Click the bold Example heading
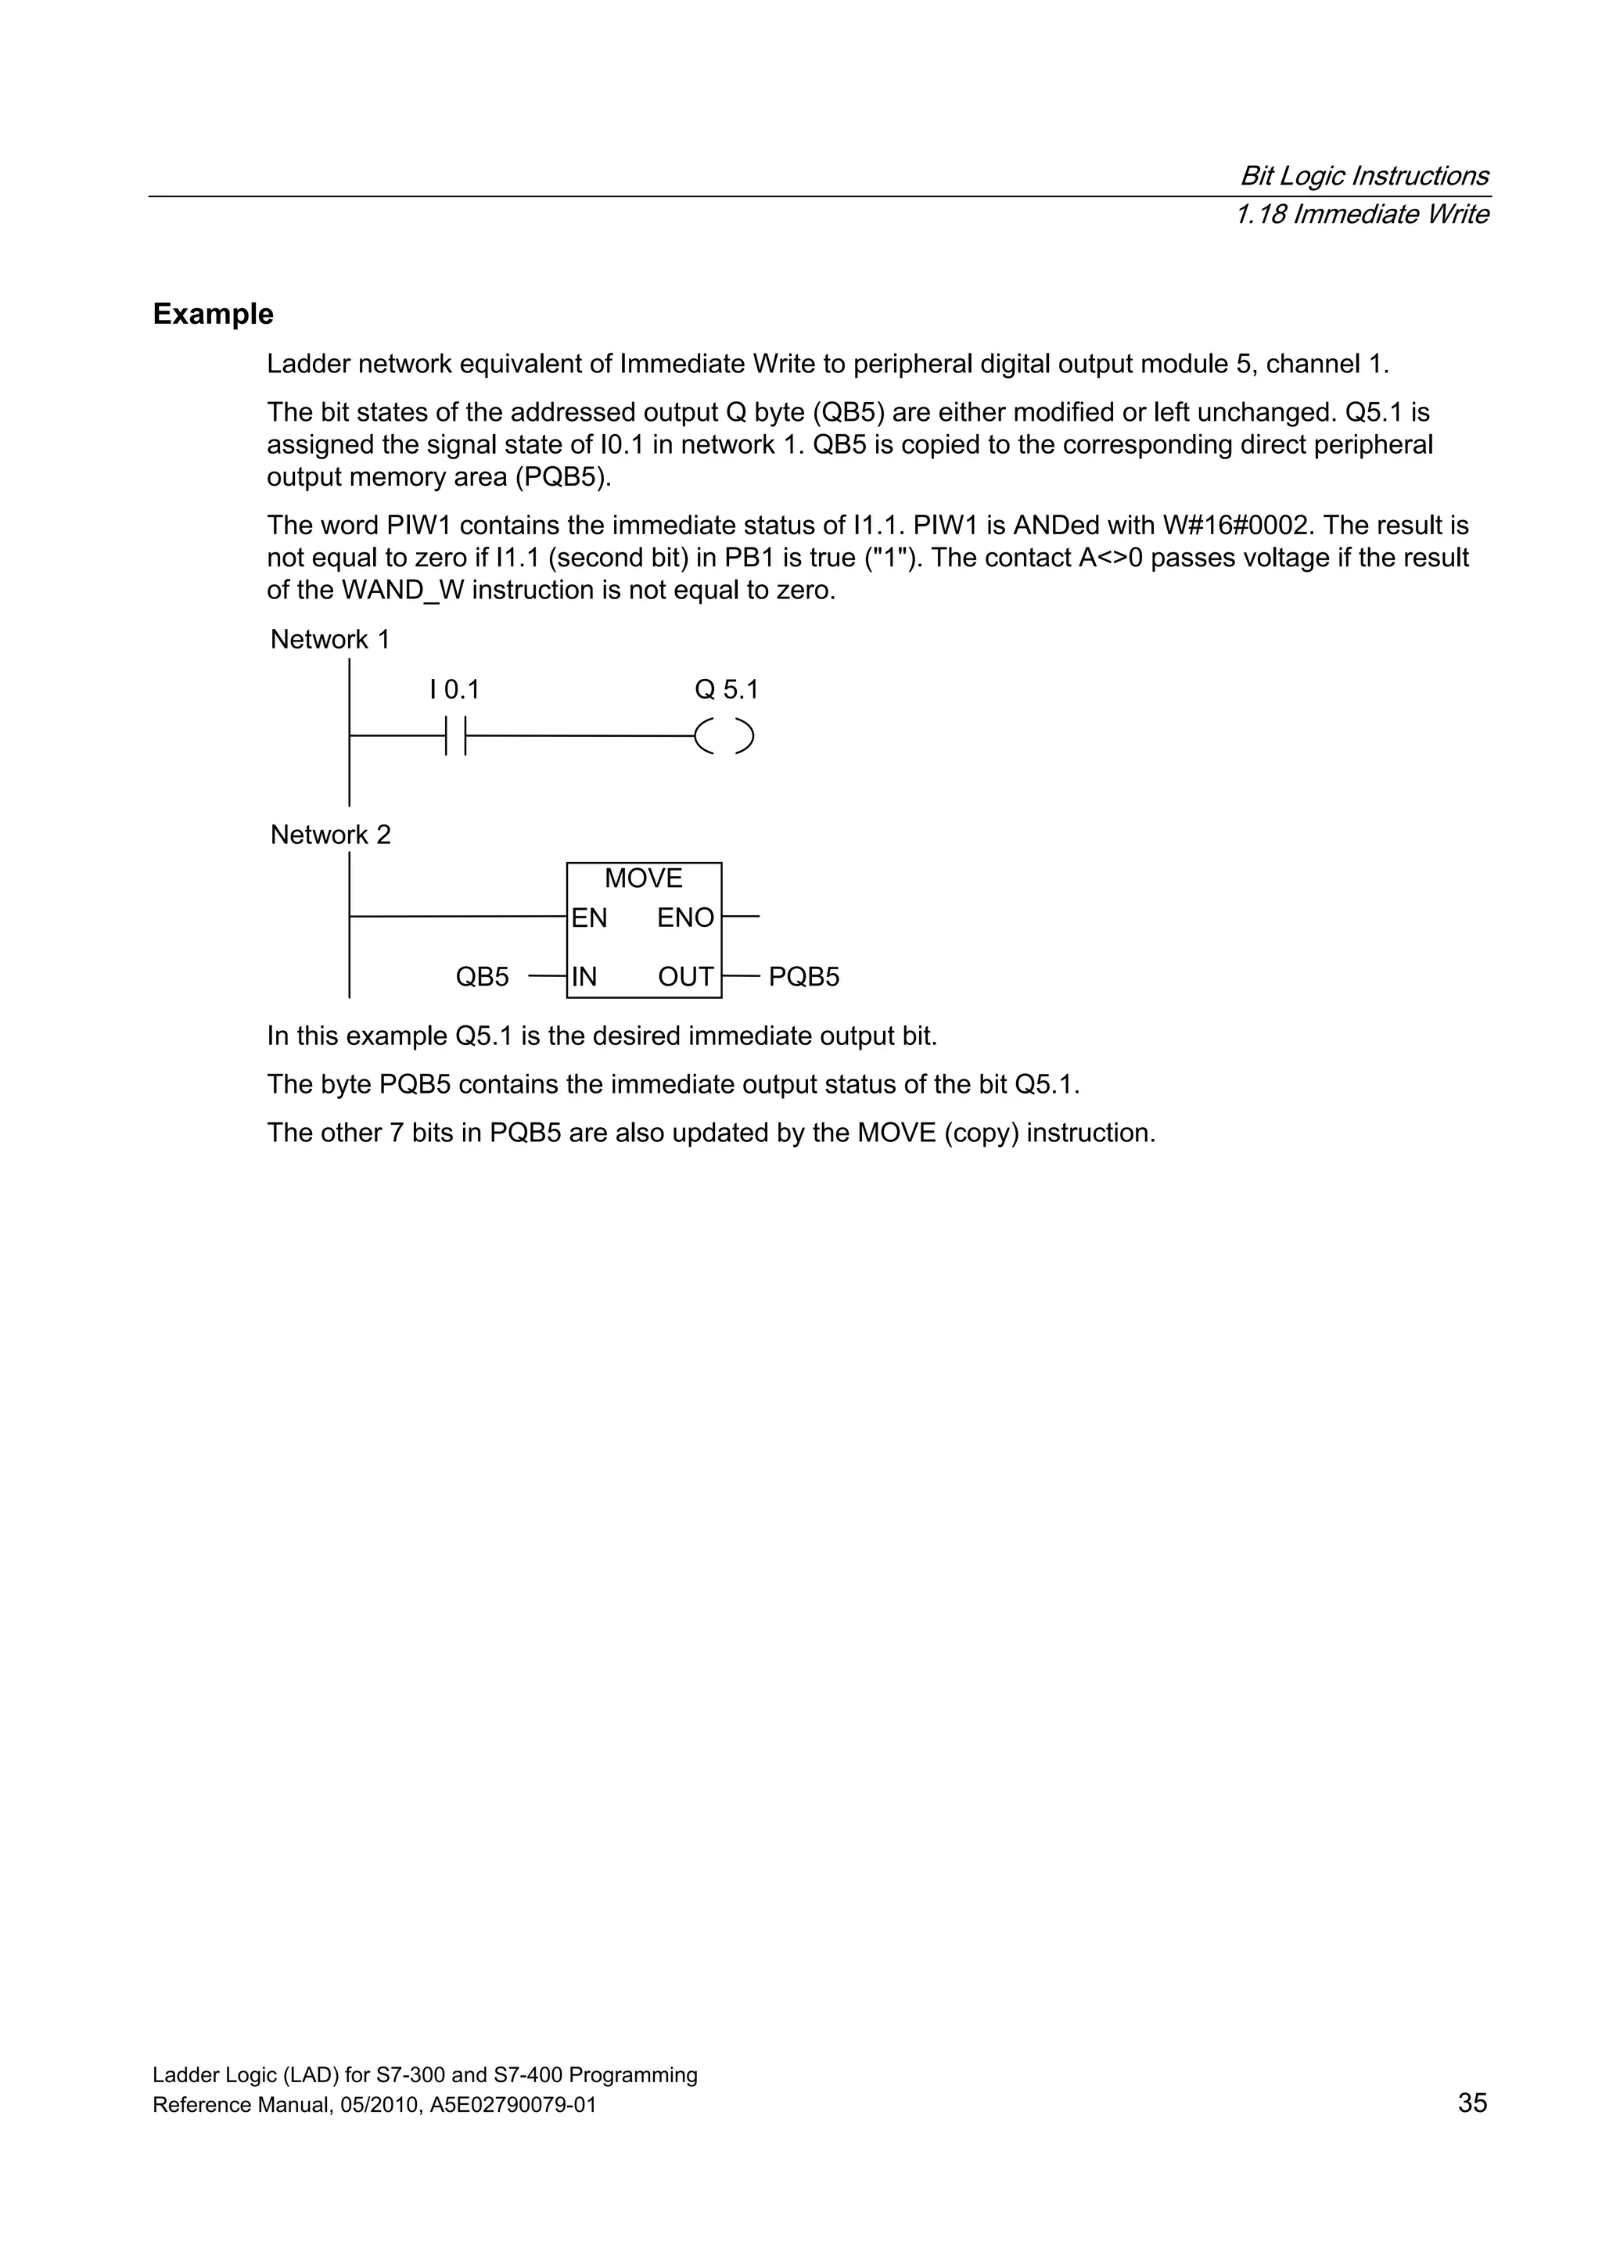(x=214, y=314)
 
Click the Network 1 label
(x=329, y=640)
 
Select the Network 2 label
(x=329, y=835)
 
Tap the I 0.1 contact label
(x=454, y=689)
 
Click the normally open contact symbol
(x=455, y=736)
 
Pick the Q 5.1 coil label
(x=727, y=689)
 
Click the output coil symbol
(x=724, y=736)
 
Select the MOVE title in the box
(x=644, y=878)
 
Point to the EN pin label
(x=589, y=918)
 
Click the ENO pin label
(x=685, y=918)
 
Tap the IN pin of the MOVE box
(x=584, y=977)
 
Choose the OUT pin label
(x=685, y=977)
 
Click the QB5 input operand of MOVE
(x=482, y=977)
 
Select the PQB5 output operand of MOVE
(x=803, y=977)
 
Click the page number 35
(x=1471, y=2103)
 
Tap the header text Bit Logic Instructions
(x=1363, y=176)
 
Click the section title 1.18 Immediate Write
(x=1361, y=214)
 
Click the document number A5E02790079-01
(x=513, y=2105)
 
